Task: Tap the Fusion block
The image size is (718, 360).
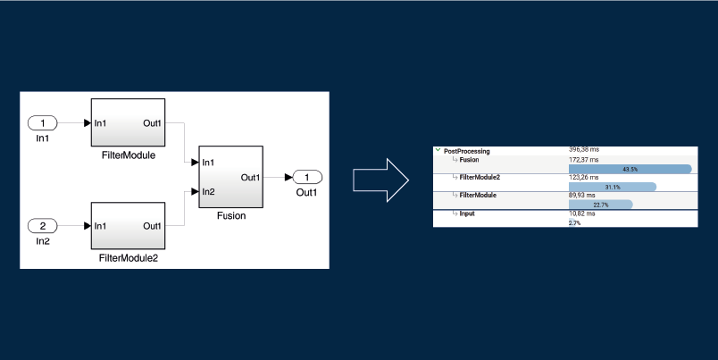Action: [231, 177]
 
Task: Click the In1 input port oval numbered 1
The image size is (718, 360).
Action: [42, 122]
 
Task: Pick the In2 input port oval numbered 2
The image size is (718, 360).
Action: [42, 226]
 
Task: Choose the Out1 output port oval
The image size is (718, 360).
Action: [307, 177]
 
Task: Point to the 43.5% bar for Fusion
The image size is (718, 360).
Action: [630, 169]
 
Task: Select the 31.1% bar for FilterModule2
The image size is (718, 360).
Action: [612, 187]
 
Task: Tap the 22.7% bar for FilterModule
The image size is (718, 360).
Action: [600, 205]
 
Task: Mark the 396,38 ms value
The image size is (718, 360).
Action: [584, 149]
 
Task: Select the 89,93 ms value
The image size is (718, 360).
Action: [581, 195]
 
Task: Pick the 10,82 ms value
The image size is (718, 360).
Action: [581, 213]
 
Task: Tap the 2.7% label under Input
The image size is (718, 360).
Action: [574, 222]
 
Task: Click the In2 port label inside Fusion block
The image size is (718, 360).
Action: [208, 191]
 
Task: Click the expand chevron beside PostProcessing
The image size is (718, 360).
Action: [438, 151]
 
